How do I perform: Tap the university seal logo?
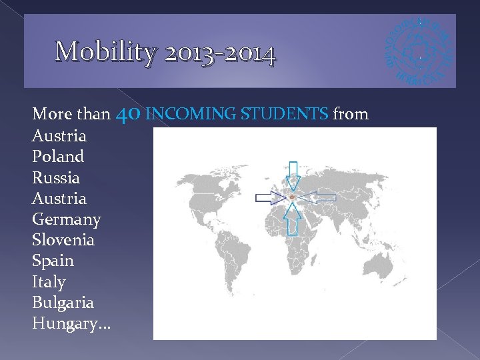[x=419, y=51]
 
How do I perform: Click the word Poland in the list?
[x=58, y=157]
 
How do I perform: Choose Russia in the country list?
[x=55, y=178]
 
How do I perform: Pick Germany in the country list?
[x=66, y=219]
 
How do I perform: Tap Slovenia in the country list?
[x=63, y=240]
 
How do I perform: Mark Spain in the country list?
[x=53, y=261]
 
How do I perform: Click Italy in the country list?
[x=49, y=282]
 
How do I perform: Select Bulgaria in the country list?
[x=63, y=303]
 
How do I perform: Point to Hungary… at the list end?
[x=71, y=324]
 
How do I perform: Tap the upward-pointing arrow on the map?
[x=292, y=219]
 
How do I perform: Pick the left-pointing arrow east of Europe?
[x=322, y=197]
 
